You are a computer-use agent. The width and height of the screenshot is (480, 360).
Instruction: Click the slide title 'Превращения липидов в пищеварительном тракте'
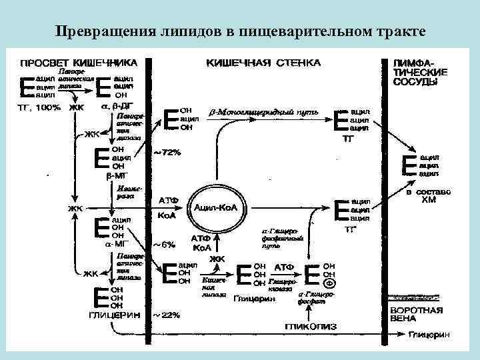[240, 31]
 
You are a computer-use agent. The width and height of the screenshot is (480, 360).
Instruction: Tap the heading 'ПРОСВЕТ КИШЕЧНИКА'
[79, 62]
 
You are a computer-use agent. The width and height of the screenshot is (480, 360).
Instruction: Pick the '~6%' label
[165, 244]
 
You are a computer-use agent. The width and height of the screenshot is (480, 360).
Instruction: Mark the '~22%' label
[167, 314]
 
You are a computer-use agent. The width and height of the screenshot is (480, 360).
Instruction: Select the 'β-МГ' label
[116, 175]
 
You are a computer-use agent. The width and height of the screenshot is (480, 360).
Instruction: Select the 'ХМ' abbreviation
[429, 199]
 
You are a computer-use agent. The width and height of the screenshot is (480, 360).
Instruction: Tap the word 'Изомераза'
[125, 192]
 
